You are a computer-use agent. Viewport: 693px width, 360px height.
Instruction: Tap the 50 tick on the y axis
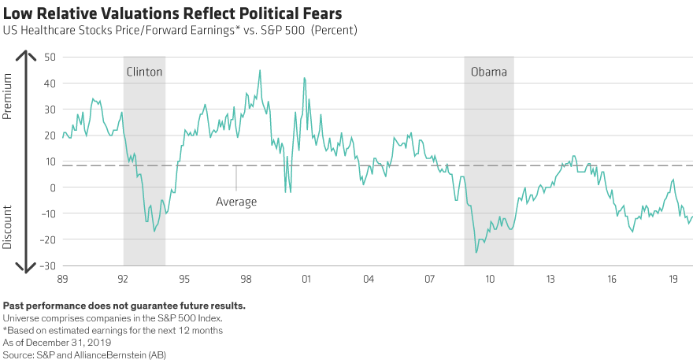tap(50, 58)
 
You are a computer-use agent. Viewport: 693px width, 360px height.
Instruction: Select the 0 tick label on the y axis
tap(54, 187)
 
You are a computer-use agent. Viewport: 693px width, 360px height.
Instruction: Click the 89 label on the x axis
tap(61, 279)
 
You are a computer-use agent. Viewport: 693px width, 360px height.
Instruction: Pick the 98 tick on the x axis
tap(246, 279)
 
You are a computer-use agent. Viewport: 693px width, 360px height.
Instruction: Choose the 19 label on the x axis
tap(674, 279)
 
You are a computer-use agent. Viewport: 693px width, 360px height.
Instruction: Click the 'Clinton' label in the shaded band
tap(144, 72)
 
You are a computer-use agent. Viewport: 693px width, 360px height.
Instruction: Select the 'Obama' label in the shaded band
tap(488, 72)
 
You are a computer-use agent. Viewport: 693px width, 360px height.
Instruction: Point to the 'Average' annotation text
tap(236, 202)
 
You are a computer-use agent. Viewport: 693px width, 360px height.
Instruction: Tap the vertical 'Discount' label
tap(8, 227)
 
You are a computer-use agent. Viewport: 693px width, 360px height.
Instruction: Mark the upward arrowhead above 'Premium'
tap(26, 54)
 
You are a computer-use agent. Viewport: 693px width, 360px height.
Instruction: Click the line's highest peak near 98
tap(260, 71)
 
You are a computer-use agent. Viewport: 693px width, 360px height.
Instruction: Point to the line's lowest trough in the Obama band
tap(476, 252)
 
